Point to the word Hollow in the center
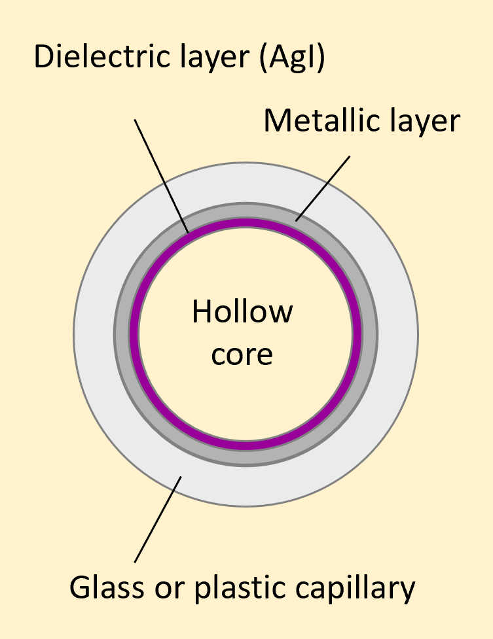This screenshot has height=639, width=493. (x=242, y=312)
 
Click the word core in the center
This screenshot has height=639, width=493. (x=242, y=354)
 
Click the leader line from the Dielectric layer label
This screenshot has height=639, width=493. (x=162, y=175)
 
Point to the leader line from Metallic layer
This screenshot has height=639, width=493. (x=323, y=188)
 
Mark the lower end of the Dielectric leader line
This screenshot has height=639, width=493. (x=189, y=231)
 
